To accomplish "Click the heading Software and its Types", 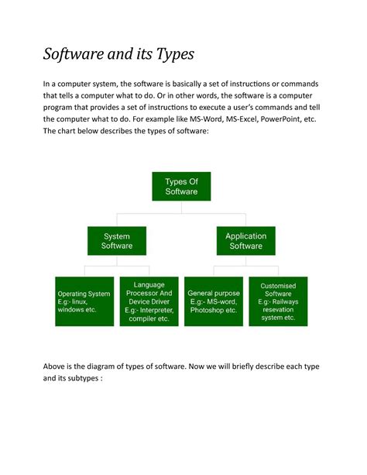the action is pos(118,55).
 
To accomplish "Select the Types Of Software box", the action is pos(181,187).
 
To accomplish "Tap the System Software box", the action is pos(117,241).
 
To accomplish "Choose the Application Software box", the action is pos(245,241).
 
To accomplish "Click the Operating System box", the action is pos(84,301).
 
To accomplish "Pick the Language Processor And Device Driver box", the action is pos(149,301).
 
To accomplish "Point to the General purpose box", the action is pos(214,301).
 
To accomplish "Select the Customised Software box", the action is pos(278,301).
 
